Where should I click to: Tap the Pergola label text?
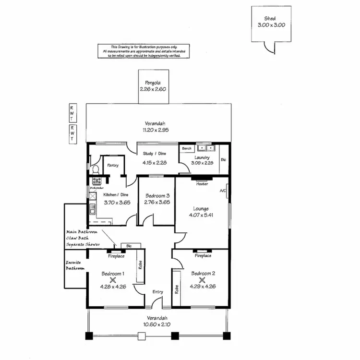click(x=153, y=83)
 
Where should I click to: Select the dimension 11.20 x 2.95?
click(x=156, y=130)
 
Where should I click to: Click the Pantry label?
click(x=113, y=165)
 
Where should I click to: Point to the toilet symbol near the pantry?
click(x=96, y=169)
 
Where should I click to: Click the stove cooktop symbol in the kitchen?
click(x=96, y=181)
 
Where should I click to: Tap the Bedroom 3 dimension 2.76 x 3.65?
click(x=157, y=202)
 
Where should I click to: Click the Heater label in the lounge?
click(x=202, y=184)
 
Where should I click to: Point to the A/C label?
click(x=223, y=191)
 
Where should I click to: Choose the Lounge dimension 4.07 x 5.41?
click(x=201, y=215)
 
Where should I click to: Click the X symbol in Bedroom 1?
click(x=113, y=280)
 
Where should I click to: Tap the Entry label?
click(x=158, y=292)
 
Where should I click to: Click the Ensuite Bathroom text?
click(x=75, y=265)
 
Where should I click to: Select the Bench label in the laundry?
click(x=186, y=149)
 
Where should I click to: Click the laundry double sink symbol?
click(x=207, y=148)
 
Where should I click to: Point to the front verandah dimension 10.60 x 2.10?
click(x=157, y=324)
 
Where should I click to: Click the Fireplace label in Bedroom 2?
click(x=203, y=256)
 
